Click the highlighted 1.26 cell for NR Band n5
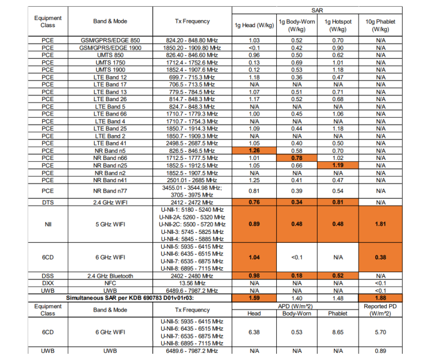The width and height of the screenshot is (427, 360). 255,151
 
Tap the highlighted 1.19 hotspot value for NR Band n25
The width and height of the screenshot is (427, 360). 337,165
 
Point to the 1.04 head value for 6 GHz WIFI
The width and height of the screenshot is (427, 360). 255,257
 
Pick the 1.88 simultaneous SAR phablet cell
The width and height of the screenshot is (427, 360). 380,298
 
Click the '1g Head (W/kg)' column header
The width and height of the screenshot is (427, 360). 255,25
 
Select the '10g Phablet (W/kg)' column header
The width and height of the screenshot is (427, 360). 380,25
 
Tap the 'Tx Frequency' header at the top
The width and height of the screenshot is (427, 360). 192,21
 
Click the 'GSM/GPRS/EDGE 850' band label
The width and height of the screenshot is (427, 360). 110,41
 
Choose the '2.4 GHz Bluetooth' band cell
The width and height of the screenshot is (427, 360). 110,276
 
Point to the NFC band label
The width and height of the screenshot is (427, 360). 110,283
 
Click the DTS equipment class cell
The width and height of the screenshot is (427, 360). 48,202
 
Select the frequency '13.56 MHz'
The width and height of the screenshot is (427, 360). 192,283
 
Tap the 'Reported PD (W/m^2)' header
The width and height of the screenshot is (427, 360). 380,310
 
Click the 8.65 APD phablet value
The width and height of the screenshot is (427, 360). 337,332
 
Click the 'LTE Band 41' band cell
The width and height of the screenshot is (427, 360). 110,143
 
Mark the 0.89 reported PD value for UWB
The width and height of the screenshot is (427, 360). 380,351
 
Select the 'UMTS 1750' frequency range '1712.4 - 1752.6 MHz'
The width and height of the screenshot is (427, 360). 192,63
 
